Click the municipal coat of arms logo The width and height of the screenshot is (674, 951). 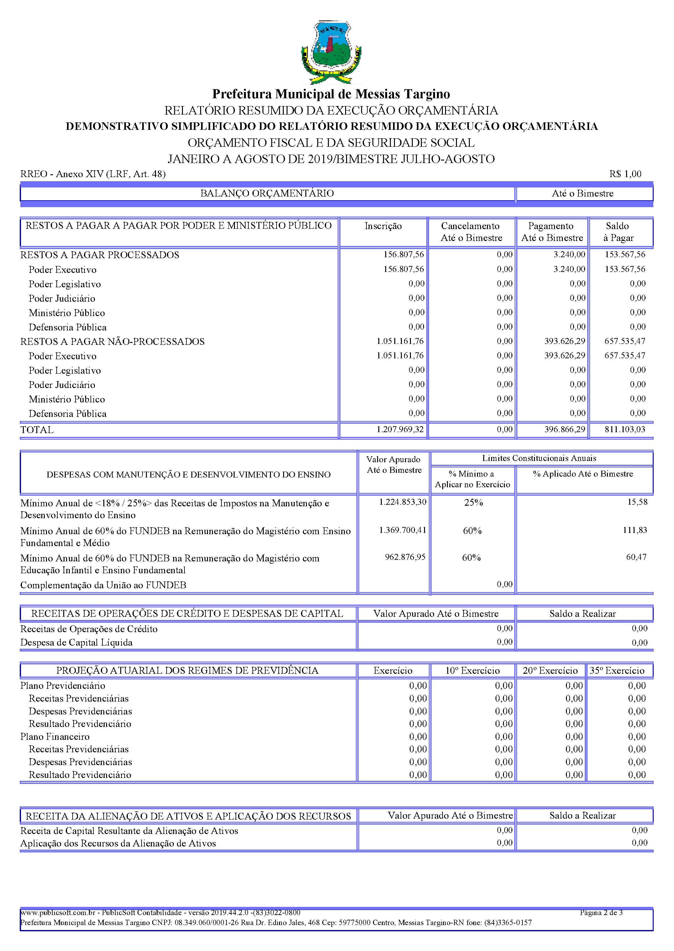click(331, 52)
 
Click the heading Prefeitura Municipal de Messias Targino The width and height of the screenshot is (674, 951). click(331, 94)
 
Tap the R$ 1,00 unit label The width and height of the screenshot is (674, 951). click(625, 174)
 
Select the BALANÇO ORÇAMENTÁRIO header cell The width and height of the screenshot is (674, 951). click(267, 193)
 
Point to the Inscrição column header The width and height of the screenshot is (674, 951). click(383, 226)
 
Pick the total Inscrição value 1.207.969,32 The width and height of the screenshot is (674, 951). click(400, 429)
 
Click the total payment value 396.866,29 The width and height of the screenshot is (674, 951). click(564, 429)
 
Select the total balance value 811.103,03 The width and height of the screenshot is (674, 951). click(625, 429)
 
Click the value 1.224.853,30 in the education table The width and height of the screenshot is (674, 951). click(402, 502)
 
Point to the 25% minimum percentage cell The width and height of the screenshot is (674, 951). click(473, 503)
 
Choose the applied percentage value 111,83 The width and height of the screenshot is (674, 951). click(635, 530)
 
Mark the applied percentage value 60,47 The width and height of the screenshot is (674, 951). click(636, 557)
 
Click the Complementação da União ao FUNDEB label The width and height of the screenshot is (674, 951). click(103, 585)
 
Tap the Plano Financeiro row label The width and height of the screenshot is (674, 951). click(55, 737)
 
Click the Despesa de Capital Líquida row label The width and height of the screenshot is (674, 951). click(76, 642)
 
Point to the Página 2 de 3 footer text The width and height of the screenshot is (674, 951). click(601, 913)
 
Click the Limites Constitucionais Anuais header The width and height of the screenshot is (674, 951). click(539, 458)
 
